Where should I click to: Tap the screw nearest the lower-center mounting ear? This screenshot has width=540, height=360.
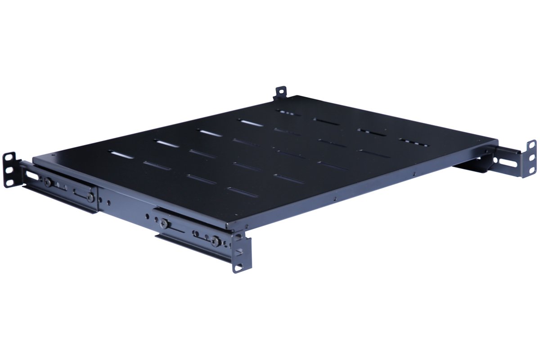pyautogui.click(x=216, y=242)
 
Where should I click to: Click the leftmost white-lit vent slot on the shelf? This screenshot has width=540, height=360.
pyautogui.click(x=121, y=154)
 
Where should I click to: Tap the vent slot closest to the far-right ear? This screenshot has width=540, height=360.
pyautogui.click(x=413, y=142)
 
